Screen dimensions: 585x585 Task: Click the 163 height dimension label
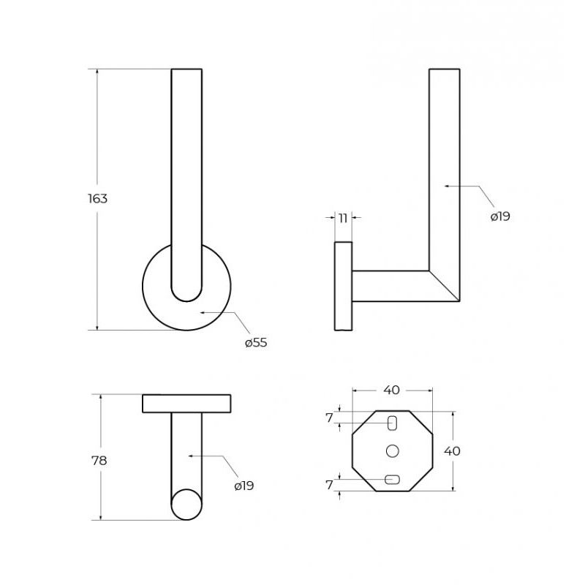97,198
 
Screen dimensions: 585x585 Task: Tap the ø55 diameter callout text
256,342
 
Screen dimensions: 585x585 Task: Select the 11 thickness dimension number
343,218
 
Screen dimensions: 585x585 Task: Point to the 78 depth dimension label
99,461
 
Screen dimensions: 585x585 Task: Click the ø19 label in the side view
500,216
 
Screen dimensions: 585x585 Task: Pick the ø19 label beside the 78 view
244,486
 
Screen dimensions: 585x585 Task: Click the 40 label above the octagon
391,390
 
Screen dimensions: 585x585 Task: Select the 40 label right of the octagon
452,451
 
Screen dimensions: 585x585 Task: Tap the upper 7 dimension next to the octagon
329,418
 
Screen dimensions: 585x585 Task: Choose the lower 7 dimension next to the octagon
329,485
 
